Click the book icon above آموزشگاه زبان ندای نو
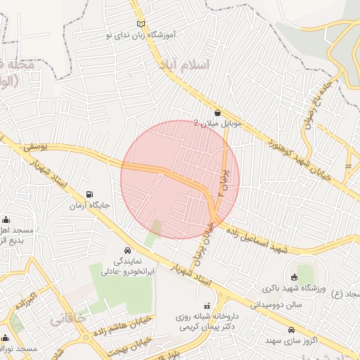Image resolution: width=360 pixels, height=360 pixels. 141,24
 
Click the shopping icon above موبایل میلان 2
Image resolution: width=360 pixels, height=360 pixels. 217,112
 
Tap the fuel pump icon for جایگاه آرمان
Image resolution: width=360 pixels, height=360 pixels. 89,195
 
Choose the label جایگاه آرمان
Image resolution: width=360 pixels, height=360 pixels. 88,206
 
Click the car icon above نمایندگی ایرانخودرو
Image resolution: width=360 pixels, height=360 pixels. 127,250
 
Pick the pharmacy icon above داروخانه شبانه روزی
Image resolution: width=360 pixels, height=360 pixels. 207,306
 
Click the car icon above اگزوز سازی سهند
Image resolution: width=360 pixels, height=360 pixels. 290,329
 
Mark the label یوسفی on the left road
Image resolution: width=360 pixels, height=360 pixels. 34,148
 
